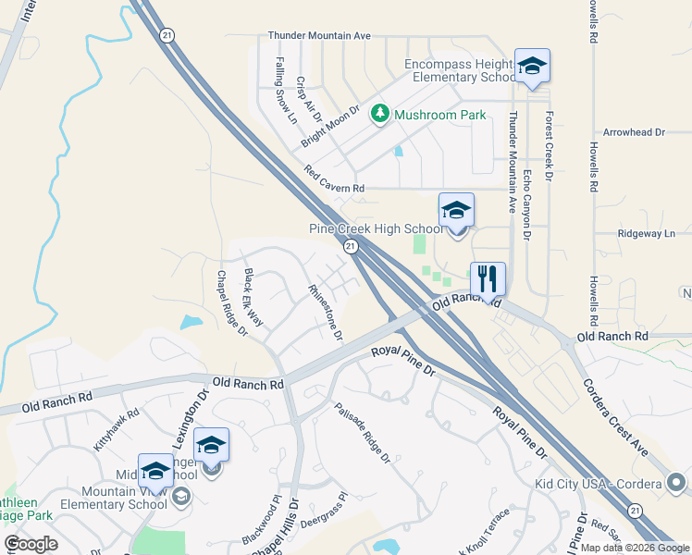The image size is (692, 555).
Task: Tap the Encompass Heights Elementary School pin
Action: pos(532,67)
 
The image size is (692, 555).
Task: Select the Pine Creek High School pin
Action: pos(456,212)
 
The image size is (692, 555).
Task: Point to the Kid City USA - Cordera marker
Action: pos(676,483)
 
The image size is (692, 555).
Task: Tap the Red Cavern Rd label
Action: pos(334,179)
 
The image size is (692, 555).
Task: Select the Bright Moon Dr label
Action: pos(330,127)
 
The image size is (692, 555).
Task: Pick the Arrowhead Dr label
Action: pos(634,132)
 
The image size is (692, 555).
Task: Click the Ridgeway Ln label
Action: pos(647,234)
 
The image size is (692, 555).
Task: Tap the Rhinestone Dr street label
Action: pos(326,310)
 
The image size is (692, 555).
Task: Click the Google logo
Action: pos(31,544)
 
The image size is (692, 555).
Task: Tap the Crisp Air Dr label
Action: pos(308,99)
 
